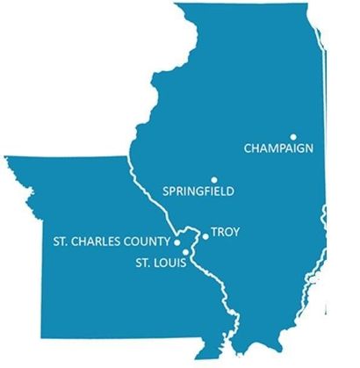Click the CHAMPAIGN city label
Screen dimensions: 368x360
click(x=277, y=148)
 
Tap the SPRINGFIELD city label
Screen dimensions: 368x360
click(x=199, y=190)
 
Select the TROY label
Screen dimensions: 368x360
click(x=226, y=233)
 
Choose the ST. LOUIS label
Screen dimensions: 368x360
click(x=160, y=261)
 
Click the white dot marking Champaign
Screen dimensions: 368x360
click(x=293, y=136)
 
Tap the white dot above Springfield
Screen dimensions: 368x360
click(x=213, y=177)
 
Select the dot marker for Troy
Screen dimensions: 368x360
click(x=205, y=235)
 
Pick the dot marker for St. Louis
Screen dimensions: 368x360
click(x=184, y=254)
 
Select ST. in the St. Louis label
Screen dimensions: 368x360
click(x=142, y=261)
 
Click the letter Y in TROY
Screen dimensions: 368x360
click(x=235, y=233)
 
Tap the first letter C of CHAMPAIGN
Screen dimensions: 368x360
click(x=246, y=148)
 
